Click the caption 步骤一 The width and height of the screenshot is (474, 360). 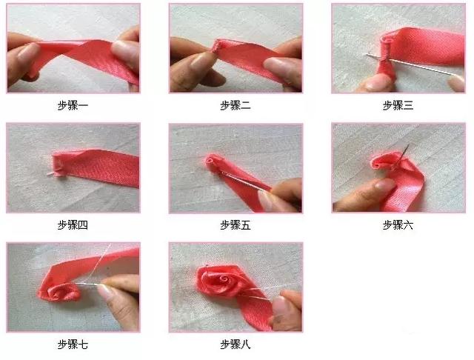click(73, 105)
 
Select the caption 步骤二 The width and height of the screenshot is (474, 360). click(236, 105)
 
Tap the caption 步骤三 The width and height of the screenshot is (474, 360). click(398, 105)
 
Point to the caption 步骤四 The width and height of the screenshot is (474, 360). click(73, 225)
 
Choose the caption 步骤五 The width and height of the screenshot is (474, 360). click(236, 225)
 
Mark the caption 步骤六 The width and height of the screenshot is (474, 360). click(398, 225)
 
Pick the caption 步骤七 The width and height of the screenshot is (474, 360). click(73, 344)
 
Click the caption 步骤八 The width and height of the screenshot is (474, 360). click(236, 344)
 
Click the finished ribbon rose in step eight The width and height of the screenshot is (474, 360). click(221, 281)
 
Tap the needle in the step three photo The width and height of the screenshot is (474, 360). click(411, 64)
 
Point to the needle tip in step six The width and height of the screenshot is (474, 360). click(409, 144)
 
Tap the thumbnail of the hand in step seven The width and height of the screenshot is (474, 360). click(105, 292)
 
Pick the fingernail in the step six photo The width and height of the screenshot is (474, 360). click(385, 184)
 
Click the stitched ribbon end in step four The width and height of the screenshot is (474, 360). click(59, 164)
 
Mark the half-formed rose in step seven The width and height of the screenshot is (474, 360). click(61, 292)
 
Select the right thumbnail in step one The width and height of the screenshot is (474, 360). click(124, 50)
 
